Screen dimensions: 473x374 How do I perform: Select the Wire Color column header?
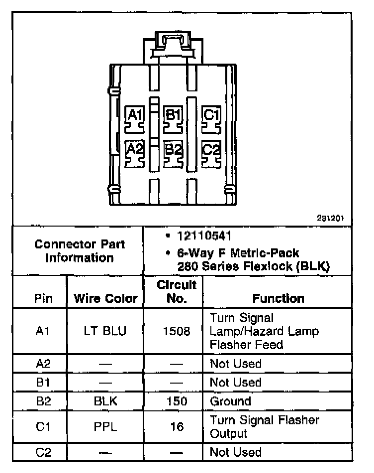[x=105, y=299]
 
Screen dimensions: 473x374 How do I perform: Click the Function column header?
[x=278, y=299]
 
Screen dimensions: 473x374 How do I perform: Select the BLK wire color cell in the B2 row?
[x=105, y=401]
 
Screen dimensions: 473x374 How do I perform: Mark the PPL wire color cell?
[x=105, y=427]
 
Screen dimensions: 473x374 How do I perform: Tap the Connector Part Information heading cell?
[x=80, y=251]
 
